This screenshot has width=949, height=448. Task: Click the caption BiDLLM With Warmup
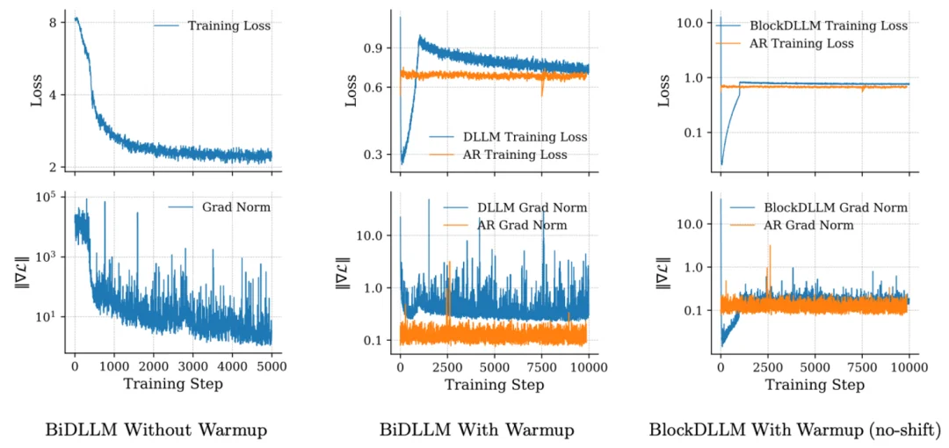[477, 430]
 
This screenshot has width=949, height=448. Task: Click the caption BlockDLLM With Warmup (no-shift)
[794, 430]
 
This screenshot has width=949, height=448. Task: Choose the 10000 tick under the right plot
[907, 365]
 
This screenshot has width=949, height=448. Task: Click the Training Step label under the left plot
[172, 384]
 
